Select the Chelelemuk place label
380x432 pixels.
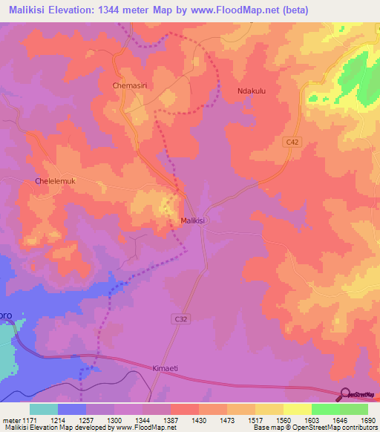pos(56,181)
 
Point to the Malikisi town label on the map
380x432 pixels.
pos(195,221)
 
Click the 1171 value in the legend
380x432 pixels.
pos(28,419)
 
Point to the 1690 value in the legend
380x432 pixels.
pos(368,419)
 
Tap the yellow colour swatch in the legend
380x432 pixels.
pos(297,409)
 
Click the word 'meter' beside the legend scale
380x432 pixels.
pos(10,419)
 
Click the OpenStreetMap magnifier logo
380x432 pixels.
pos(346,394)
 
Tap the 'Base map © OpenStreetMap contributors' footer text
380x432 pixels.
pos(312,428)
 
